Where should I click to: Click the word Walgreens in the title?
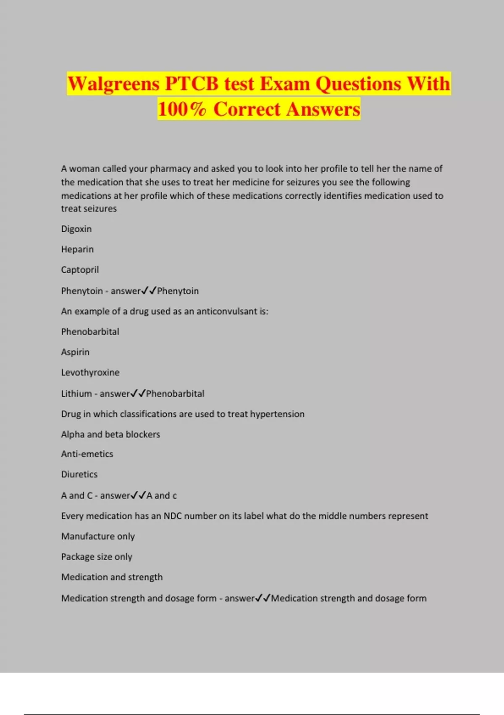(x=113, y=84)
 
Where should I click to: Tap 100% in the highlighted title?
(x=182, y=109)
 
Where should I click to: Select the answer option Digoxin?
(x=76, y=229)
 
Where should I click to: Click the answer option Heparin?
(x=77, y=249)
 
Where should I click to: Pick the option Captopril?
(x=80, y=270)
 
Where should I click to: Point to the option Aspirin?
(x=75, y=352)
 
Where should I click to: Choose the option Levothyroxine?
(x=90, y=372)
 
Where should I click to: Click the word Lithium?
(x=76, y=394)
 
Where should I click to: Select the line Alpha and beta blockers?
(x=110, y=434)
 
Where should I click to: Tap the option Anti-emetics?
(x=87, y=454)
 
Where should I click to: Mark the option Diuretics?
(x=79, y=474)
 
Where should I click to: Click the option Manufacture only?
(x=98, y=536)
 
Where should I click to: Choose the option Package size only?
(x=97, y=556)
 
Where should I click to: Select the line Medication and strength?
(x=112, y=577)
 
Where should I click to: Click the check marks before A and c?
(x=138, y=495)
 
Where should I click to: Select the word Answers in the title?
(x=323, y=109)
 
